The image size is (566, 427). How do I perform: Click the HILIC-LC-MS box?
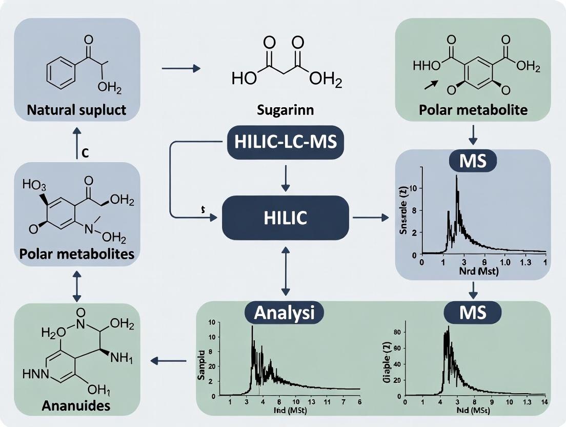pos(285,142)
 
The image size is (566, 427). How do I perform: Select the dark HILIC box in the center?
pos(285,218)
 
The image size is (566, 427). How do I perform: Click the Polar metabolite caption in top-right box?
pos(473,110)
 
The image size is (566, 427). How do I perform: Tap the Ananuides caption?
pos(76,405)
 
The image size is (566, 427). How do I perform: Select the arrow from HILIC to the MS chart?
pos(370,218)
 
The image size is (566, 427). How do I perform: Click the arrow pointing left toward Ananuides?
pos(168,361)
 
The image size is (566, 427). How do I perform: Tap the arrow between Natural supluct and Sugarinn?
pos(180,68)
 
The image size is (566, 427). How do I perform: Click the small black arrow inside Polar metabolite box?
pos(432,85)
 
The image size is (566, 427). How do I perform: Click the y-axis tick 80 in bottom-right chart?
pos(396,332)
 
